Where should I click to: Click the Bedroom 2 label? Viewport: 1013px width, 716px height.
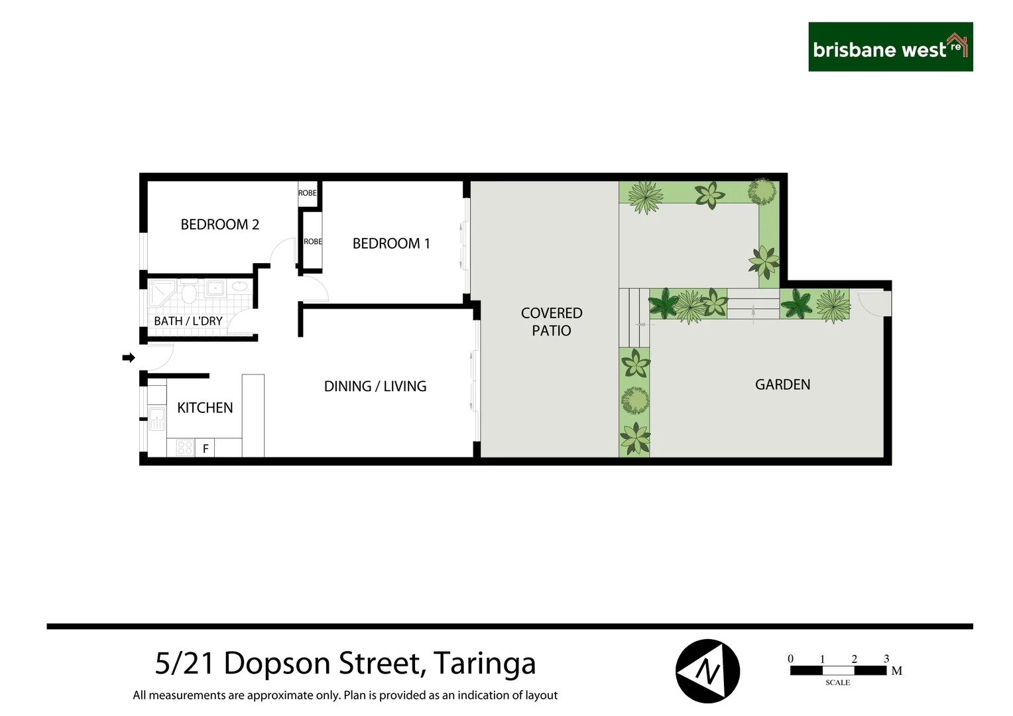point(219,225)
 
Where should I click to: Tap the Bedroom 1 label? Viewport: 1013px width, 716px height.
point(391,243)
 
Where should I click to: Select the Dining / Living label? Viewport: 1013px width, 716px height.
point(375,387)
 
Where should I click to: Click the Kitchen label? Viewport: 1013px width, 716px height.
point(205,408)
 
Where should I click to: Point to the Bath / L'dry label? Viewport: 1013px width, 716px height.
point(188,321)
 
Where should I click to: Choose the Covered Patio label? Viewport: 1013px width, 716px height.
point(552,322)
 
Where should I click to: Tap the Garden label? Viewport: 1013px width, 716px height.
point(782,385)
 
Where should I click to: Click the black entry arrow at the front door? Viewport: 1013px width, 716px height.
point(129,358)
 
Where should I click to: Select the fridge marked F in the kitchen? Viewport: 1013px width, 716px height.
point(206,449)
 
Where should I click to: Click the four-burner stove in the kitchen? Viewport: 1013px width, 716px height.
point(185,448)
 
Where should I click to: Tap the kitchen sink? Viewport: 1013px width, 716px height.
point(156,418)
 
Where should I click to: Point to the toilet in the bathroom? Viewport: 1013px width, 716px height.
point(189,292)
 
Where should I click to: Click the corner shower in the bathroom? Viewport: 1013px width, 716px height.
point(161,292)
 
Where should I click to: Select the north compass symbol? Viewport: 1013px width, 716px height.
point(707,671)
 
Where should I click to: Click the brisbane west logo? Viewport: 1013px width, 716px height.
point(890,47)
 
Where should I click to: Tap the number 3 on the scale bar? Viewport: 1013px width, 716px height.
point(886,659)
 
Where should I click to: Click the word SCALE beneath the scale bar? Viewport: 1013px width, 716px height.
point(837,682)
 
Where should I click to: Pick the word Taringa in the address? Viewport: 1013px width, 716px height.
point(485,664)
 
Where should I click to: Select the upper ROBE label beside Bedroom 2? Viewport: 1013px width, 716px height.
point(307,193)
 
